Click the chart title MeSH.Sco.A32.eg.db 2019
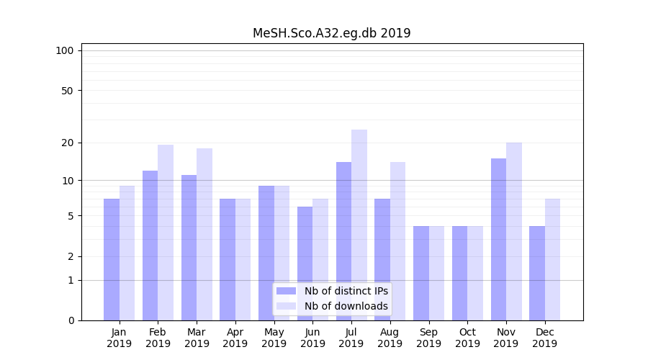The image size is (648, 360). click(331, 33)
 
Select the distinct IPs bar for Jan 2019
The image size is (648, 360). click(112, 259)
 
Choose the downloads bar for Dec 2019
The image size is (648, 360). click(552, 259)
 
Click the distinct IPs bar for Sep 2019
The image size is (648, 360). click(421, 273)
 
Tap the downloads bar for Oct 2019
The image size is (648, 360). click(475, 273)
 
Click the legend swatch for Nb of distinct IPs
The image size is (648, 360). click(286, 291)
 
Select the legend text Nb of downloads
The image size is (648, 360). click(346, 306)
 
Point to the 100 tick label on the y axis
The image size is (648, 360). click(65, 50)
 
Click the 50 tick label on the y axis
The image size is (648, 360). click(67, 91)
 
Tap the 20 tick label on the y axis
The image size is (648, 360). click(67, 143)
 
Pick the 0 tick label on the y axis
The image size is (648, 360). click(71, 320)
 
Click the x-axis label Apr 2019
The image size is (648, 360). click(235, 338)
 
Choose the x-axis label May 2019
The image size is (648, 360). click(274, 338)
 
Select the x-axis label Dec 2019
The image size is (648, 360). click(545, 338)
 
